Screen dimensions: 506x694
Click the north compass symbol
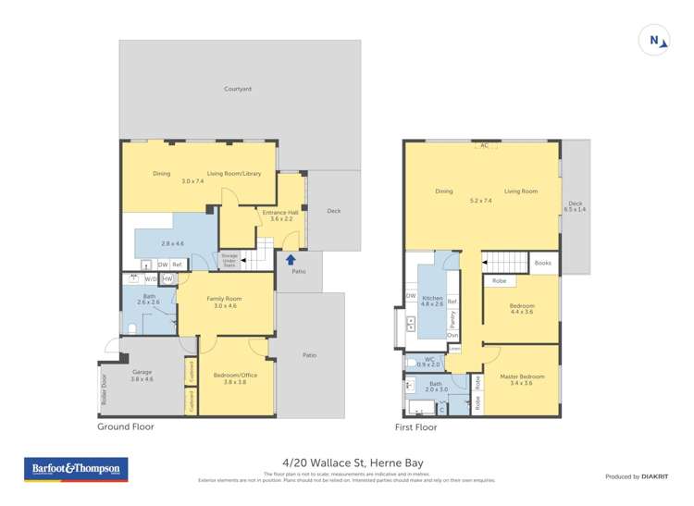pos(655,40)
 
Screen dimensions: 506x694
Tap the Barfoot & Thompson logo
pos(77,470)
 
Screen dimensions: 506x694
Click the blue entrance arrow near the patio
pos(291,260)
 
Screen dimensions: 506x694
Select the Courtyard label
pos(238,89)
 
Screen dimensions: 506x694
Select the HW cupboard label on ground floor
pos(167,278)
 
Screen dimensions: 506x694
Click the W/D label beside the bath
pos(151,278)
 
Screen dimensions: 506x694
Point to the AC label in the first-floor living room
pos(483,145)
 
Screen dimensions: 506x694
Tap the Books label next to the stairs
pos(543,263)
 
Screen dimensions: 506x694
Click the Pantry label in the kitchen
pos(452,319)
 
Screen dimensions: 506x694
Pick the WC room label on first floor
pos(429,360)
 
